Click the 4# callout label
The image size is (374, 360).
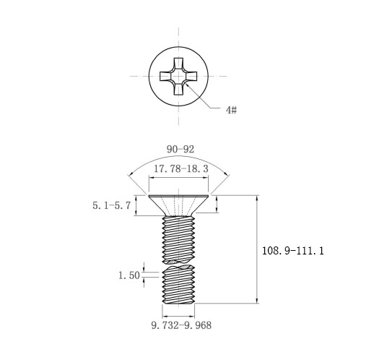[x=231, y=110]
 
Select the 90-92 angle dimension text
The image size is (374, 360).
[x=181, y=150]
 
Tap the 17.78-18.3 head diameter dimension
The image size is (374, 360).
[x=181, y=168]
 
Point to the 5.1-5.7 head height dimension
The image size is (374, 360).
[x=111, y=205]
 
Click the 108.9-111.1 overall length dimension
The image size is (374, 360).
[x=292, y=251]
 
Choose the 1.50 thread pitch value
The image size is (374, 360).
[x=129, y=275]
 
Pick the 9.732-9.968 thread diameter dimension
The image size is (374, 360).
[x=181, y=325]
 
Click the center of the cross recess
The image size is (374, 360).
[x=178, y=77]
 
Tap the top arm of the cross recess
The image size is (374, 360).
[x=178, y=64]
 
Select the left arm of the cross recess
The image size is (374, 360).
[x=166, y=77]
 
